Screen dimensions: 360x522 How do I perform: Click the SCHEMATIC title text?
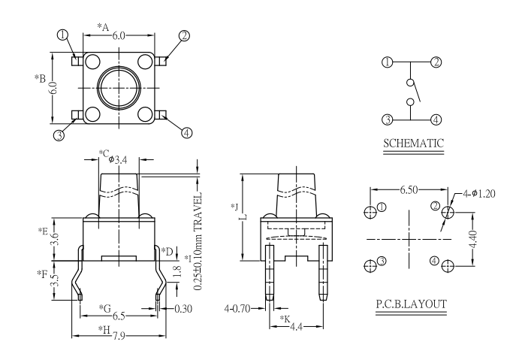click(x=412, y=142)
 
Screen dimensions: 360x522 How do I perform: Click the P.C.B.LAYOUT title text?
click(x=412, y=304)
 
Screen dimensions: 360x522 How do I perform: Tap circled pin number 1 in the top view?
click(x=62, y=35)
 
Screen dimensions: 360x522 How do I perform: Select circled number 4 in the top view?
click(x=186, y=132)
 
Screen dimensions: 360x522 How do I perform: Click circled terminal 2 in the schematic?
click(x=436, y=62)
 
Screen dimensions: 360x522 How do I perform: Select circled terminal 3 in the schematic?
click(x=387, y=119)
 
